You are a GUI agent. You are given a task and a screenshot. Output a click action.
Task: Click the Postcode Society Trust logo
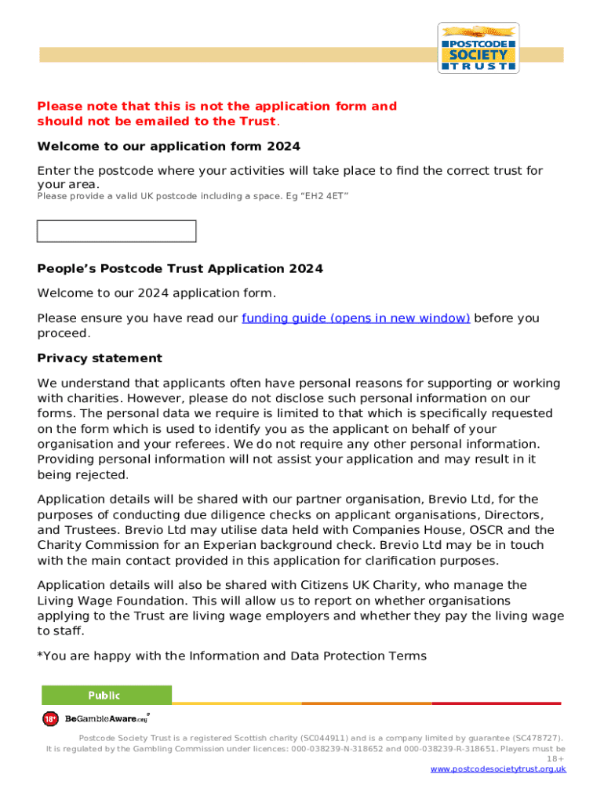(478, 48)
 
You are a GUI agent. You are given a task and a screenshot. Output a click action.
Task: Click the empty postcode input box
(117, 231)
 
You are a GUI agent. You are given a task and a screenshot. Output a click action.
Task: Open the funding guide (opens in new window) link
(356, 318)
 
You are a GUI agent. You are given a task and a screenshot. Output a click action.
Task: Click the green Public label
(105, 695)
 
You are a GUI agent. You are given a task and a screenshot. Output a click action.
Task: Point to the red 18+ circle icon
(50, 718)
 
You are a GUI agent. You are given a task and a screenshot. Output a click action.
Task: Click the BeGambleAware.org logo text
(106, 718)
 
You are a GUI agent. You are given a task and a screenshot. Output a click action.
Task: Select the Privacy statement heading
(100, 358)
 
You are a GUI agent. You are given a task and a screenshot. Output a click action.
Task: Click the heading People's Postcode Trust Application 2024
(180, 269)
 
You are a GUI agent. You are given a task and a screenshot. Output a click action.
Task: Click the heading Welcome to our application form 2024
(169, 147)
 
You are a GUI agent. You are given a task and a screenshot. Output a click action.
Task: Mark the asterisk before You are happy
(40, 656)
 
